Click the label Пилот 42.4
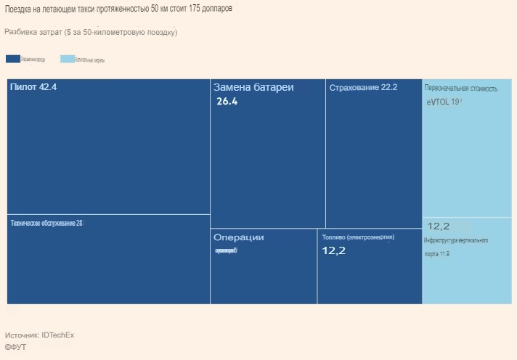[x=33, y=87]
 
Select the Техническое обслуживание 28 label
[x=46, y=223]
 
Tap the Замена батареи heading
[x=253, y=87]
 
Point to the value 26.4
[x=227, y=102]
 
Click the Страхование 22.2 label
[x=363, y=88]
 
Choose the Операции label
[x=238, y=237]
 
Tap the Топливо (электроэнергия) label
[x=358, y=237]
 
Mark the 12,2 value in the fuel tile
[x=334, y=250]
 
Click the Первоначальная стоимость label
[x=461, y=89]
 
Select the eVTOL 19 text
[x=444, y=102]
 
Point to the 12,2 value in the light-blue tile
[x=439, y=226]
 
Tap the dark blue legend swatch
[x=12, y=59]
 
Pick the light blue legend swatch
[x=67, y=59]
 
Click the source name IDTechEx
[x=58, y=335]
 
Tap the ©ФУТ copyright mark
[x=15, y=347]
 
